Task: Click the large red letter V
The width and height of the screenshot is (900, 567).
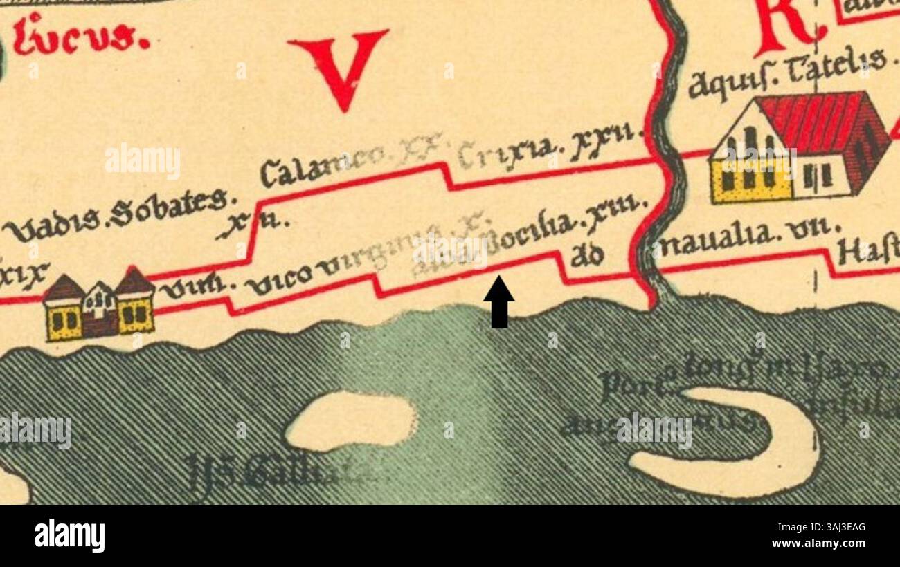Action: [x=339, y=66]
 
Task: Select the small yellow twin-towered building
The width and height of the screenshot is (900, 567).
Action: [x=99, y=308]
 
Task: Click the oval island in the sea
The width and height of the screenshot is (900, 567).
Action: [x=351, y=420]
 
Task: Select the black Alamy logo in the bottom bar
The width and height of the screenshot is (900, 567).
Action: [x=69, y=535]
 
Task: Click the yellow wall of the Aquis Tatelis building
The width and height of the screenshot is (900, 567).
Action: [x=751, y=181]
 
